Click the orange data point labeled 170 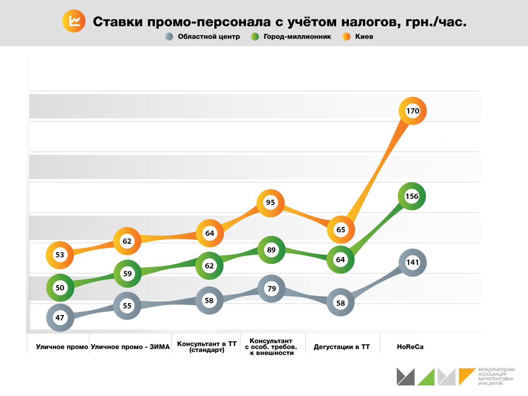point(413,111)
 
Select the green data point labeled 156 point(412,197)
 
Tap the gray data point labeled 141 point(412,263)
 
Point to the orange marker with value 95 point(271,202)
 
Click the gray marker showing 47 point(60,317)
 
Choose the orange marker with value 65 point(341,229)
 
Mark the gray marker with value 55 point(127,306)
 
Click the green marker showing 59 point(127,273)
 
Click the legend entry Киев point(358,37)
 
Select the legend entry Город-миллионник point(291,37)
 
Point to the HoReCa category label point(410,347)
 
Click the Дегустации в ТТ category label point(342,347)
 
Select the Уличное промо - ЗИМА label point(130,347)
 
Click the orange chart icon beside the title point(74,21)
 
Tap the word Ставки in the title point(116,22)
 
